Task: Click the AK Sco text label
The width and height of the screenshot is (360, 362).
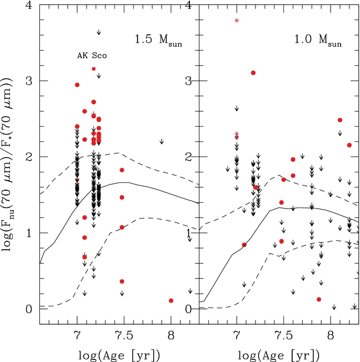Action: click(x=92, y=56)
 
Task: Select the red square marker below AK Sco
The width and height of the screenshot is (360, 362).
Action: click(x=93, y=69)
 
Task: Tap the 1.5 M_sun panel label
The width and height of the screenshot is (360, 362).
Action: click(x=158, y=40)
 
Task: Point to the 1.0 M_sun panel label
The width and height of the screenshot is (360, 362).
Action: click(x=318, y=40)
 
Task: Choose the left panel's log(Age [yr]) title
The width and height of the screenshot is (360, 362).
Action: click(x=119, y=355)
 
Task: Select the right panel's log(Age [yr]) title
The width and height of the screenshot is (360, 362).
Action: click(x=279, y=355)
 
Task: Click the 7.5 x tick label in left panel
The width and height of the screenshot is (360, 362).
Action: click(x=124, y=335)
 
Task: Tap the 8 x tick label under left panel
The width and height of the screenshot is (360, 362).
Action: click(x=171, y=335)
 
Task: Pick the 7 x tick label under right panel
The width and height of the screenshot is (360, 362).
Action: click(x=237, y=335)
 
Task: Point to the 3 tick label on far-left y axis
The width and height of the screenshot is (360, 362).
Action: click(x=28, y=81)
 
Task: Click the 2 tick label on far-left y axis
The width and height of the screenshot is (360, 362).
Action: click(x=28, y=157)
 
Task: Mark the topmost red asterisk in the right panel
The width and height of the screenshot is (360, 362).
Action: click(x=237, y=20)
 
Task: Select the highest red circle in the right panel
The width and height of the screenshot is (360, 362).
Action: click(x=253, y=73)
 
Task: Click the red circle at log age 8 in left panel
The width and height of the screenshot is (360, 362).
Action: click(x=171, y=301)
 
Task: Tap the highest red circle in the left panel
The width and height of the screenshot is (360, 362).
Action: click(x=77, y=85)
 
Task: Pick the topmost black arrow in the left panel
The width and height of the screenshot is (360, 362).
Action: click(x=99, y=32)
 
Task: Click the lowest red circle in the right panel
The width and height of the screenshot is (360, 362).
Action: click(x=319, y=299)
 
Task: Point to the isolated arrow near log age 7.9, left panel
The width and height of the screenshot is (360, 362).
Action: click(x=162, y=141)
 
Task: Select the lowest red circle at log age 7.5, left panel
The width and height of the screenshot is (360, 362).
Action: click(x=122, y=282)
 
